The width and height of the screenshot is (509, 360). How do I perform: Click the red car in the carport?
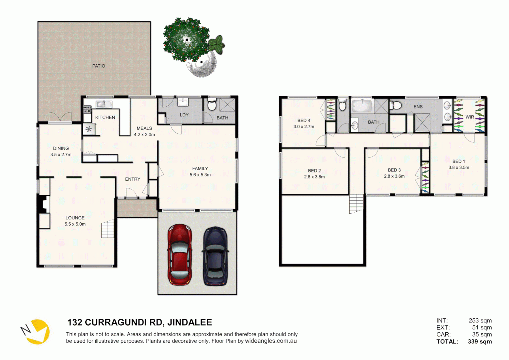click(x=180, y=254)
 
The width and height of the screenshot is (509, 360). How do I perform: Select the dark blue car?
click(x=215, y=256)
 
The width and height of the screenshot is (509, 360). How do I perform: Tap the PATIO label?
click(x=99, y=66)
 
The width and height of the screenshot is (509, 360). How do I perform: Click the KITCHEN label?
click(x=105, y=117)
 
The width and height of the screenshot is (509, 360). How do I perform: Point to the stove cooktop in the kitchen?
click(x=87, y=109)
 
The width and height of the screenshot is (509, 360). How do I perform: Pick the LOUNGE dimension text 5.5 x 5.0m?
click(x=75, y=224)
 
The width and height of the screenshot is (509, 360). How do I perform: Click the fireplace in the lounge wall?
click(x=44, y=204)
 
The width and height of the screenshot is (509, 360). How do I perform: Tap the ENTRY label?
click(x=133, y=179)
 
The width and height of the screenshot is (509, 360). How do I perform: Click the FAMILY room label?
click(x=200, y=168)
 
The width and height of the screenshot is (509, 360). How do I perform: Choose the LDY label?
click(x=184, y=115)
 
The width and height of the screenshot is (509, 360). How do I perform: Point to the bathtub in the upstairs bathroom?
click(x=362, y=106)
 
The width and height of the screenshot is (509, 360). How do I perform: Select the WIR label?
click(x=470, y=117)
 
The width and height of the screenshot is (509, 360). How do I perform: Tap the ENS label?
click(x=418, y=107)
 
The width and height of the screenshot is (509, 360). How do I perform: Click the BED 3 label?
click(x=394, y=170)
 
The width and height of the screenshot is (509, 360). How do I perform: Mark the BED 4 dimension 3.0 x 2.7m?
click(x=303, y=127)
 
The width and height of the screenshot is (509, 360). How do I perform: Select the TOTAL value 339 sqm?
click(x=480, y=341)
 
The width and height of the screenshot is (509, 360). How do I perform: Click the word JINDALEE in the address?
click(x=190, y=322)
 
